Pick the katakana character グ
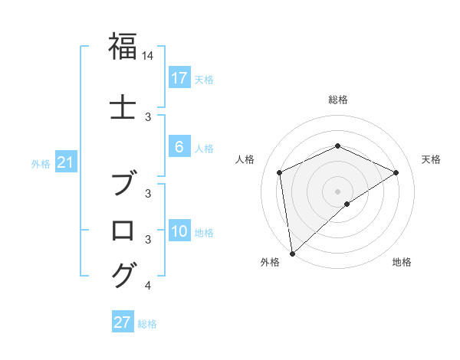[x=124, y=273]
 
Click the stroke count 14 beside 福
[x=148, y=56]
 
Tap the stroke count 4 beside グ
[x=148, y=286]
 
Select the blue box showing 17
[x=179, y=78]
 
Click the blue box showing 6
[x=179, y=148]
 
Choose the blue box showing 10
[x=179, y=232]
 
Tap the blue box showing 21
[x=65, y=162]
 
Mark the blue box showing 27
[x=123, y=322]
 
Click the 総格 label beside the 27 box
[x=147, y=324]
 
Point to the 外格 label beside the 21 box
[x=41, y=163]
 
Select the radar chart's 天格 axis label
[x=432, y=159]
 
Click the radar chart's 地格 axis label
[x=402, y=262]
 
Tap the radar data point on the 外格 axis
[x=292, y=253]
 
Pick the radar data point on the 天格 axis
[x=396, y=172]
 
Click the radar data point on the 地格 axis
[x=347, y=204]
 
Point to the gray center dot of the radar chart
[x=337, y=191]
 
